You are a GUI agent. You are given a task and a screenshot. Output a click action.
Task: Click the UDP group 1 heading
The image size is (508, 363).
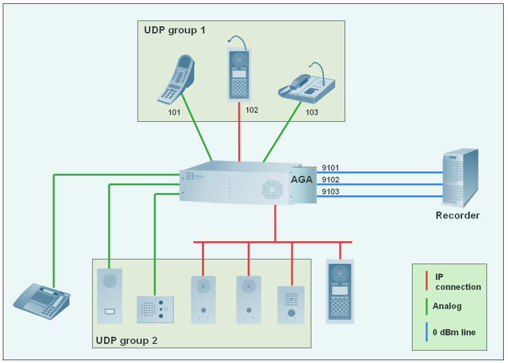point(175,30)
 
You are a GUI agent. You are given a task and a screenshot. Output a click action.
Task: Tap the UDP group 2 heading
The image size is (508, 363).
point(127,341)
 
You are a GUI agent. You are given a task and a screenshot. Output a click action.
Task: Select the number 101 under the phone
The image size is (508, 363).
point(174,113)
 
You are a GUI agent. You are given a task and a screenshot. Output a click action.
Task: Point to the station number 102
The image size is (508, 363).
point(252,110)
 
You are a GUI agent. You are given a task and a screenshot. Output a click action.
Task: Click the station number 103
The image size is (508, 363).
point(312,113)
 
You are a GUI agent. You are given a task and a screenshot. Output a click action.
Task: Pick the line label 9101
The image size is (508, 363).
point(330,168)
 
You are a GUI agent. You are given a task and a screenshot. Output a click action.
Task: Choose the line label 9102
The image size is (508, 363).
point(330,180)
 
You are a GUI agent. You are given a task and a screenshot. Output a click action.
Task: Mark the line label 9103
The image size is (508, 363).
point(330,192)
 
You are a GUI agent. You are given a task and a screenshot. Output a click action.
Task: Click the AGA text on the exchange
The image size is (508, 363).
point(302,180)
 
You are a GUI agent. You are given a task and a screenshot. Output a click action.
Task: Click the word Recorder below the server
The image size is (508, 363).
point(457,215)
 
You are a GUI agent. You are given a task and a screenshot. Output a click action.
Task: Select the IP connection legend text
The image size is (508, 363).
point(458,282)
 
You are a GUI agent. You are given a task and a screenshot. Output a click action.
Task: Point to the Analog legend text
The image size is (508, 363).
point(447,306)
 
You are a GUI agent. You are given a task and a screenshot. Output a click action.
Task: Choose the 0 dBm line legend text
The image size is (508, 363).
point(454,332)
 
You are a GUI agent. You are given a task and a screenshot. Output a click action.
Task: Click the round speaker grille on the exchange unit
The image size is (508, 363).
point(272,189)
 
